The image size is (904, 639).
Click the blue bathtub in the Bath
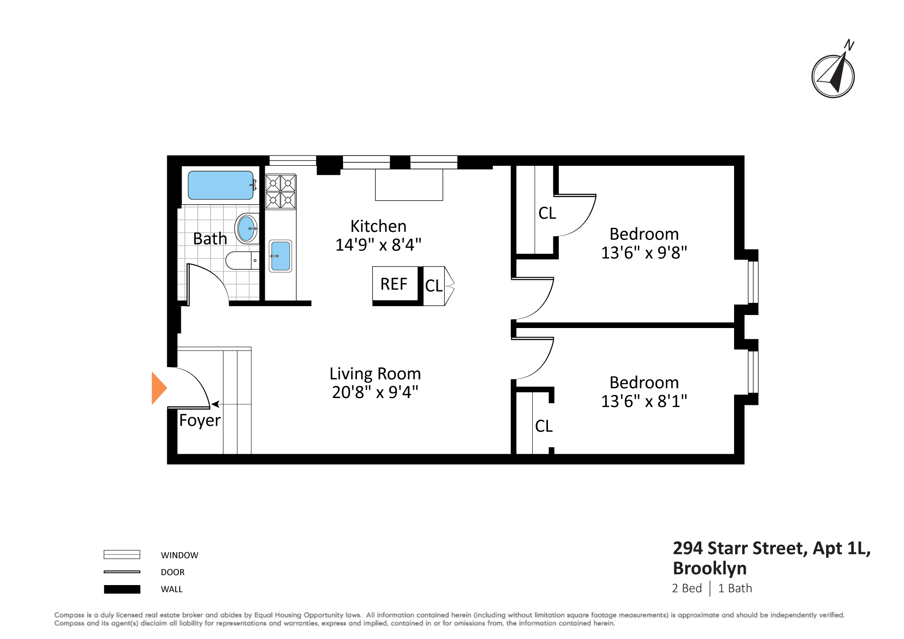220,185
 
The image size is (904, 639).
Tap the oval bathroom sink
246,228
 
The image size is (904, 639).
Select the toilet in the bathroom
242,261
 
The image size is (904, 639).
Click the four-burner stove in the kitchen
281,192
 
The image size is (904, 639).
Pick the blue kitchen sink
281,256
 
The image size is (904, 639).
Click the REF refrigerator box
394,284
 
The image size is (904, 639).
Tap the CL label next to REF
434,286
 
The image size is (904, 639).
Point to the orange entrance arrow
159,388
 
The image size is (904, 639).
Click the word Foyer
200,421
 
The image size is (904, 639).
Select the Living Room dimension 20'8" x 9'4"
375,392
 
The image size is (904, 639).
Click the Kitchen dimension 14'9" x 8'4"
378,245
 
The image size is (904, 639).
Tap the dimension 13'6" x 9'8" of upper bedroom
644,253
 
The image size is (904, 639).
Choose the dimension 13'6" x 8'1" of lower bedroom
644,401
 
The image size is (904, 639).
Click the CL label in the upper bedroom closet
547,213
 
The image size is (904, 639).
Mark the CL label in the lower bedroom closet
543,426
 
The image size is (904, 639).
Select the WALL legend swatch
122,589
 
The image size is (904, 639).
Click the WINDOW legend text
179,555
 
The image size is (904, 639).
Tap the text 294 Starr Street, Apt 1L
771,548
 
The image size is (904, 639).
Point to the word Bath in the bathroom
210,239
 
